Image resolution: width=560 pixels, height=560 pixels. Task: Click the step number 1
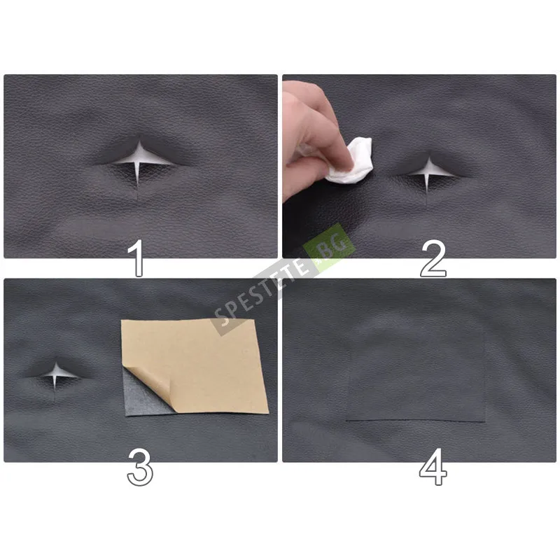pos(136,258)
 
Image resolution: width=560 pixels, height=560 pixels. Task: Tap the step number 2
pos(433,259)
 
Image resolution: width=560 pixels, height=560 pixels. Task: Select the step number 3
pos(140,467)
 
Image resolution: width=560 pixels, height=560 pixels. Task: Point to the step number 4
pos(433,467)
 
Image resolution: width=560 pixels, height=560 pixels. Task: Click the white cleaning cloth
pos(352,162)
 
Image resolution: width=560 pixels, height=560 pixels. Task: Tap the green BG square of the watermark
pos(329,248)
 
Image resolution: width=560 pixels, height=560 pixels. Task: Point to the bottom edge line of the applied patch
pos(416,421)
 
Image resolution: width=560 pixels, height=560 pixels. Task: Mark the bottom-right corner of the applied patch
pos(485,421)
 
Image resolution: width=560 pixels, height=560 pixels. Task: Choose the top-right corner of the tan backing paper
pos(255,319)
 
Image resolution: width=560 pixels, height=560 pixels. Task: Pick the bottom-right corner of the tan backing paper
pos(269,413)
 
